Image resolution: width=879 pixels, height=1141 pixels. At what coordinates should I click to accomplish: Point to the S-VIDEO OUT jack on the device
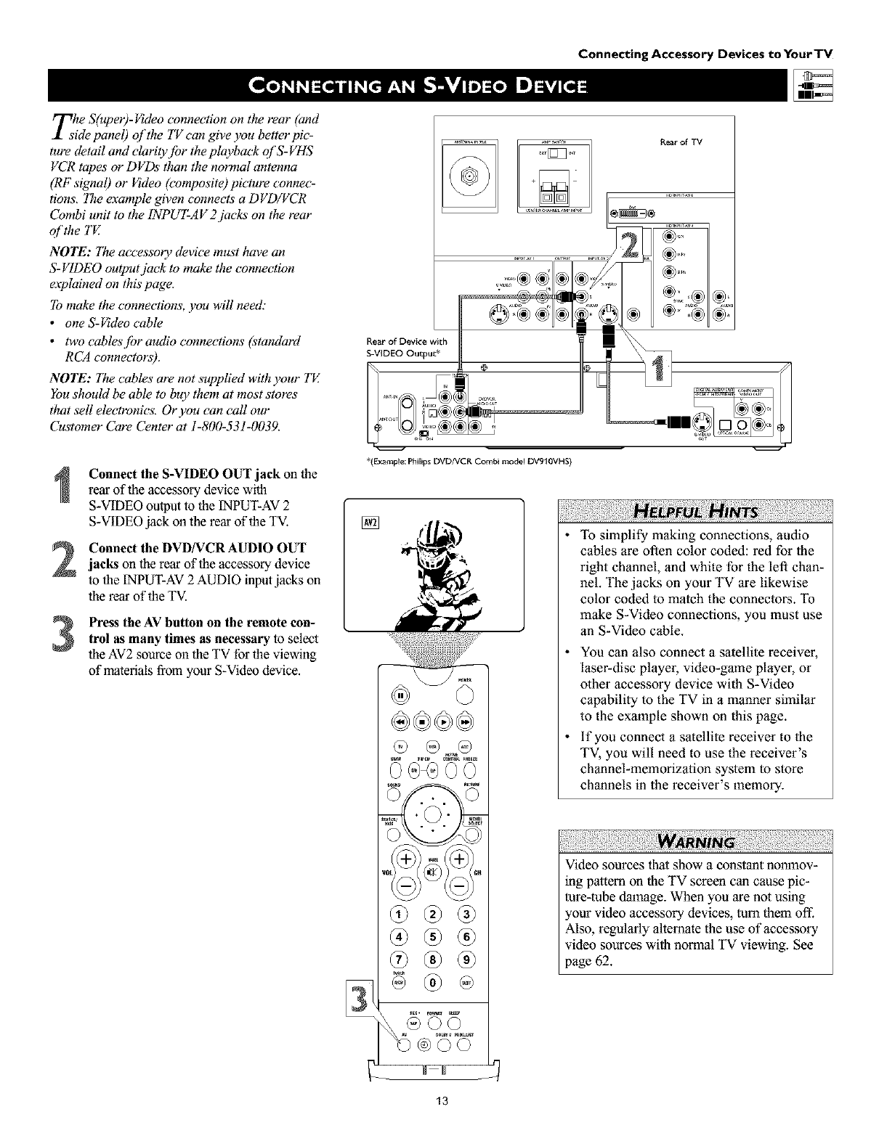click(x=701, y=421)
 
